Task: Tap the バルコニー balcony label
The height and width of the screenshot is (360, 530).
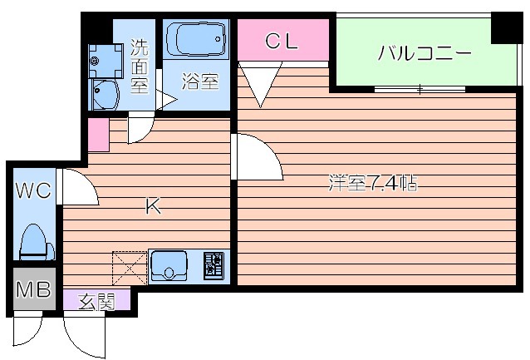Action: coord(424,55)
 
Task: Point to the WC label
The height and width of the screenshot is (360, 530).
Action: coord(32,190)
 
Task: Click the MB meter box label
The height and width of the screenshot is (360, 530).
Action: coord(32,291)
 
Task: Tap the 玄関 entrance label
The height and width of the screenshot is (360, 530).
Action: coord(96,302)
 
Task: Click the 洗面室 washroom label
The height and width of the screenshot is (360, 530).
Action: coord(140,66)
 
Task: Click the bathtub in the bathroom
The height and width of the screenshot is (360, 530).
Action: coord(196,39)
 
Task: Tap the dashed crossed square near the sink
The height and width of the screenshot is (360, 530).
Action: coord(129,268)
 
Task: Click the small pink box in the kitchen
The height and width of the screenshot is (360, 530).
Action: coord(97,136)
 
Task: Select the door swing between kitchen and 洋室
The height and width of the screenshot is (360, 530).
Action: coord(256,158)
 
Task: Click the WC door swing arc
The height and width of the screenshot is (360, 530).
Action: coord(81,187)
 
